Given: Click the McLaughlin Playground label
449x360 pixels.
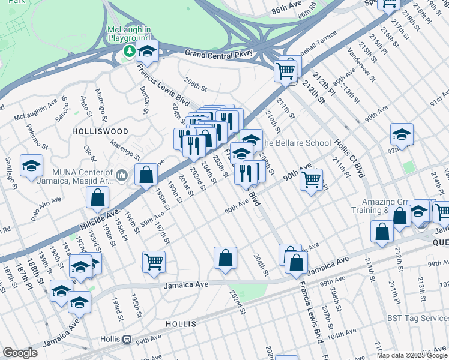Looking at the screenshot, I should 128,34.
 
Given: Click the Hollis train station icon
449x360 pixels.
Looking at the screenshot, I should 127,339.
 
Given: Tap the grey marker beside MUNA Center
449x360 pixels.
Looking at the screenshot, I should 122,175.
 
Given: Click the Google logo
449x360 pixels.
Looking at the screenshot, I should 20,353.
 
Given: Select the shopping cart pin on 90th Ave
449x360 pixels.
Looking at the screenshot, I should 311,179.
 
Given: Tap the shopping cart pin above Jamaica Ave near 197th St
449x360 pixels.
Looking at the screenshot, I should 154,262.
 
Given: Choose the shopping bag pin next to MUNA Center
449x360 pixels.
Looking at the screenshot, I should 146,175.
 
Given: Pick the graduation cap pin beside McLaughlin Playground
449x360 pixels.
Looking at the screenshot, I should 147,50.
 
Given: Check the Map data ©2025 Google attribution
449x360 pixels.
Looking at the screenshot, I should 411,355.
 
